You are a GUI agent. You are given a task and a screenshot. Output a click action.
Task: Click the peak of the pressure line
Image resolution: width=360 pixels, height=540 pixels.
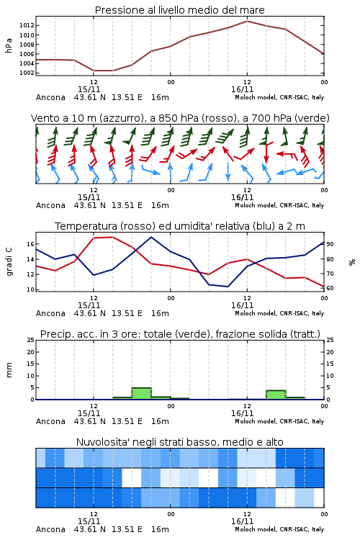247,21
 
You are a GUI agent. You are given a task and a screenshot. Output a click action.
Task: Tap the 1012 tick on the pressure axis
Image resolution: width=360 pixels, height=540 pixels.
27,25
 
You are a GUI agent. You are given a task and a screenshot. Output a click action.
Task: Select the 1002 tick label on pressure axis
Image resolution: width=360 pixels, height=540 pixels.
27,73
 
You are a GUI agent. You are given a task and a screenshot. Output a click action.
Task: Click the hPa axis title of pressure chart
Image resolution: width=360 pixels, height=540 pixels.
9,45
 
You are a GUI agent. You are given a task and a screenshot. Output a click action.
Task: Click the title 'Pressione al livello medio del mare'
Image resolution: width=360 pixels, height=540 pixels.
180,10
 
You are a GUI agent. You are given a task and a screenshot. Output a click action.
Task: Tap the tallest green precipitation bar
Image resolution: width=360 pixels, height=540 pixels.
142,393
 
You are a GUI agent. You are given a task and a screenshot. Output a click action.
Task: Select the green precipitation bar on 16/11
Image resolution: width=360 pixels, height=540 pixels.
276,395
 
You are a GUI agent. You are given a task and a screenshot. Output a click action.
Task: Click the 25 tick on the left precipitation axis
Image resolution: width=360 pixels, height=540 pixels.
31,340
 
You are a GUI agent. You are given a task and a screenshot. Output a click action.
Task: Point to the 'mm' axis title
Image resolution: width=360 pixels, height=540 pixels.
9,369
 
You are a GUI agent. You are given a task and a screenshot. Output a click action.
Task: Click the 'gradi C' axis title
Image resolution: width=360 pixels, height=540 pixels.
9,261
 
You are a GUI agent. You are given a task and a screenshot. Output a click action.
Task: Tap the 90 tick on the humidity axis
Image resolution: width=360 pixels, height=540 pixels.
330,244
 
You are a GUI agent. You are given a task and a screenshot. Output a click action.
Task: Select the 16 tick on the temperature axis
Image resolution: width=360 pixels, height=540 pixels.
31,244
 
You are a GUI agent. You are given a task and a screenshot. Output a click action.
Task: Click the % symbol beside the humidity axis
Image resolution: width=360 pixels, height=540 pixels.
352,262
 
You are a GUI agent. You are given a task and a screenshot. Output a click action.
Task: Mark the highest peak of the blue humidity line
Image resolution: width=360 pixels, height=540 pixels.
151,237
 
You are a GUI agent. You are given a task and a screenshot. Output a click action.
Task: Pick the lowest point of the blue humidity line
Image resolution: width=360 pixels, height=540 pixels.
228,287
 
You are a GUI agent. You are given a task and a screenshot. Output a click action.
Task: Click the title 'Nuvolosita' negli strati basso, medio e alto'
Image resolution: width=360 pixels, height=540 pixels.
180,442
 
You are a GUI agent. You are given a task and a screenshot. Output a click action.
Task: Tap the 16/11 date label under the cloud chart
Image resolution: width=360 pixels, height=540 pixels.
243,521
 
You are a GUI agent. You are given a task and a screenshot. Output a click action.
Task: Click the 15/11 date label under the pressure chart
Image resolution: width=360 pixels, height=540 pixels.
89,89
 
